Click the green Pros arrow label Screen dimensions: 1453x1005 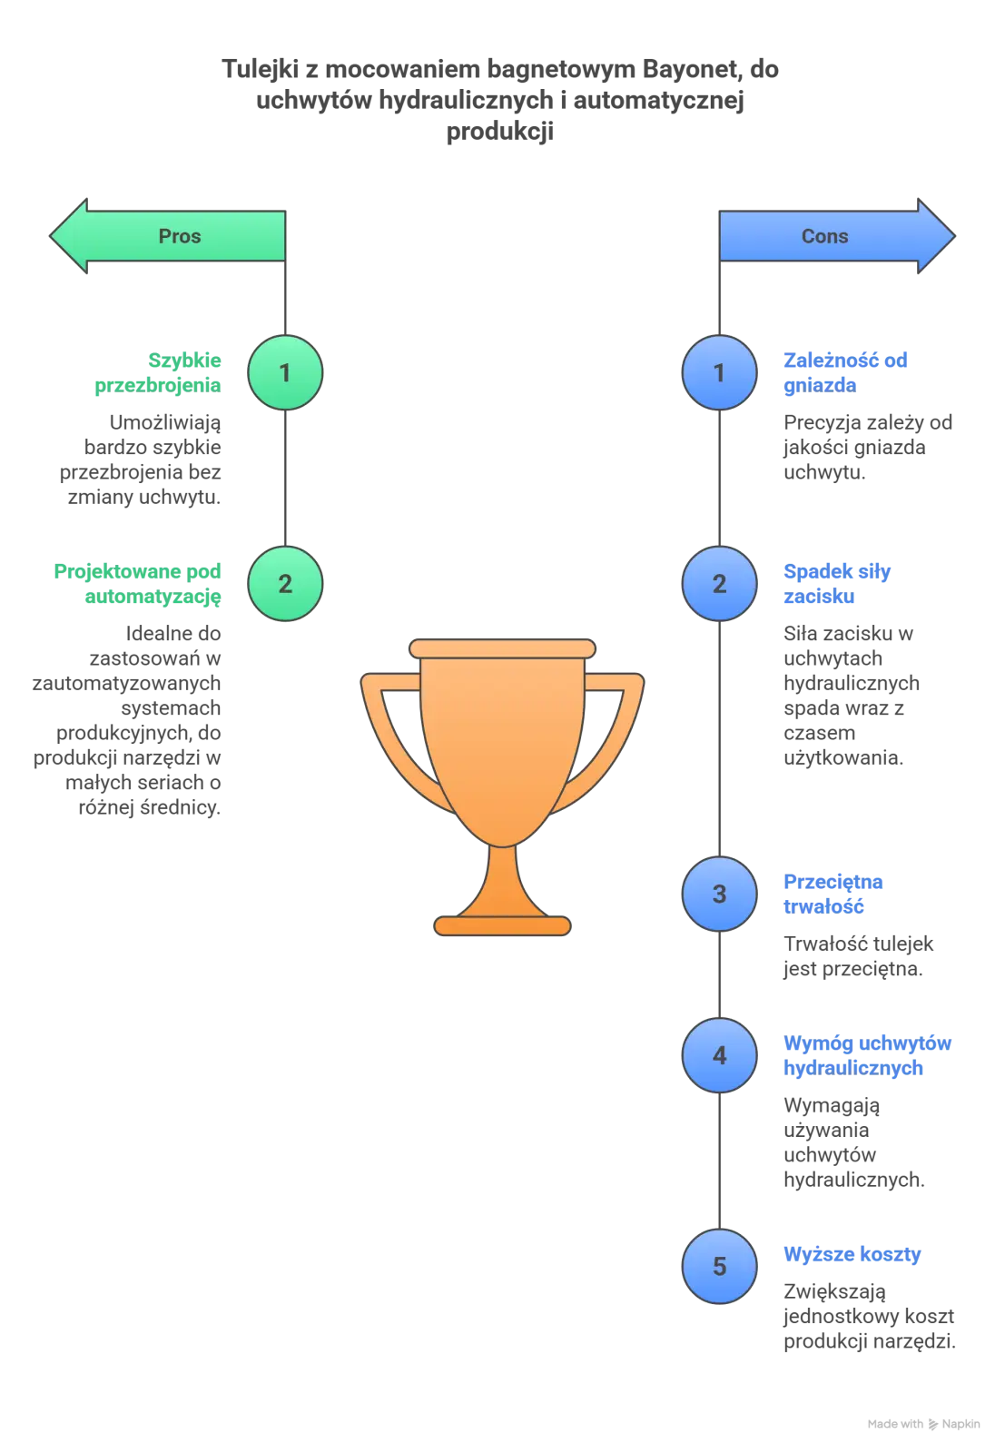(x=179, y=236)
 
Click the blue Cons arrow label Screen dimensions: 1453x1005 (x=824, y=236)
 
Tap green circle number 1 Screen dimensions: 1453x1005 (x=285, y=372)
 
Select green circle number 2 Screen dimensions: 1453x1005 (x=285, y=584)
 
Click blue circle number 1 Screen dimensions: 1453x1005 (x=719, y=372)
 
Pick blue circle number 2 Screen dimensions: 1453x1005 (x=719, y=584)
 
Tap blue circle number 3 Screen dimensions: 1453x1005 (x=719, y=894)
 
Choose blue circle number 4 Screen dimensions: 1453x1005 (x=719, y=1055)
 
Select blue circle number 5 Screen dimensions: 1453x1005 (x=719, y=1266)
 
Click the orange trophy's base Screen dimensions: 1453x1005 (x=502, y=925)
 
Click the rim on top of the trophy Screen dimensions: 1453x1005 (x=502, y=648)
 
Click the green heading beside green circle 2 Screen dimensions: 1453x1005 (x=139, y=584)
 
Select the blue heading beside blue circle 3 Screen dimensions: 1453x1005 (x=833, y=894)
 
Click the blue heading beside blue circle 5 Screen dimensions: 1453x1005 (x=851, y=1255)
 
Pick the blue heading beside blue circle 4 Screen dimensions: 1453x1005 (x=867, y=1055)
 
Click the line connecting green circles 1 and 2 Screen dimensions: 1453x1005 (x=286, y=479)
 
